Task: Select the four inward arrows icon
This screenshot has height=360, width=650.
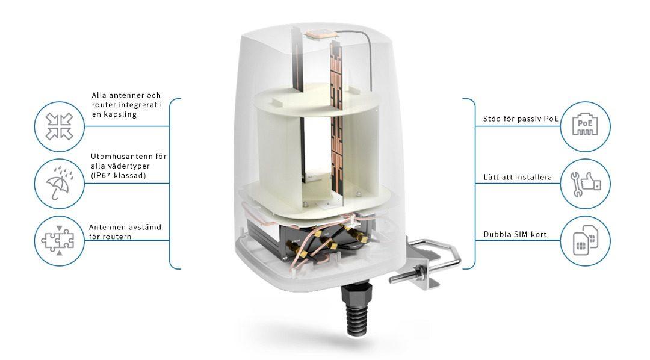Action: point(59,126)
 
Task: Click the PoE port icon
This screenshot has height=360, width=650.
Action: point(585,126)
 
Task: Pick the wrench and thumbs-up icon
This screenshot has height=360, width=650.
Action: point(585,184)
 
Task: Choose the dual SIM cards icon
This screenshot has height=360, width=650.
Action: point(585,240)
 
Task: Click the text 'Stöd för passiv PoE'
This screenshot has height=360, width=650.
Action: point(521,119)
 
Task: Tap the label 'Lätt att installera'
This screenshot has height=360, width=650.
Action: point(518,177)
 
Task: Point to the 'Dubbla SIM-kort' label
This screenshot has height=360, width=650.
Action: point(515,234)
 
